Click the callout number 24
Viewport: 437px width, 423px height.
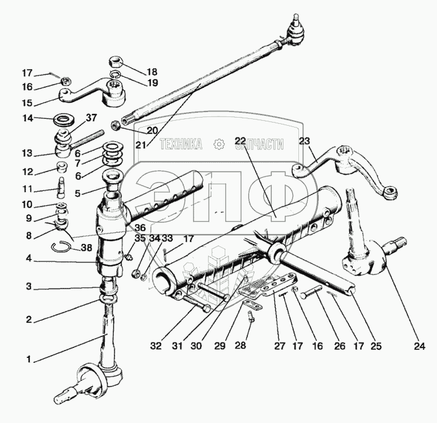click(x=420, y=346)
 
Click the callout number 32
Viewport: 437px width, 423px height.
click(x=156, y=346)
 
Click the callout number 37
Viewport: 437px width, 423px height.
click(x=91, y=118)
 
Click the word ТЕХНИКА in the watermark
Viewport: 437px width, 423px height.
click(x=180, y=145)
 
